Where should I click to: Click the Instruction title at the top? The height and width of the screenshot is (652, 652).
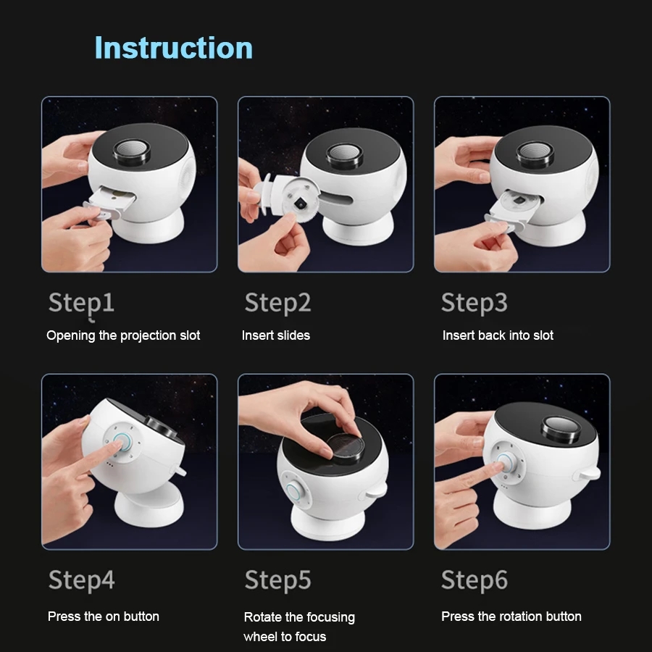coord(174,48)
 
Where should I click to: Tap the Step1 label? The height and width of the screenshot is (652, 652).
coord(81,303)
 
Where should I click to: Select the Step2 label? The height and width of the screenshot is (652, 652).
coord(277,303)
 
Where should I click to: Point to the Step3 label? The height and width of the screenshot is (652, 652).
coord(474,303)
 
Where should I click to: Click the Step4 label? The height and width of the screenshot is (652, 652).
coord(81,580)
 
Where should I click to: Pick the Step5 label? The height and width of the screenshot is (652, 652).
coord(277,580)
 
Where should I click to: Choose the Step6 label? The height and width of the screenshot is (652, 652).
coord(474,580)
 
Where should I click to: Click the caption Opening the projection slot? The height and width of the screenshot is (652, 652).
coord(123,335)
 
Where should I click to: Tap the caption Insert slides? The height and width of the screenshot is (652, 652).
coord(275,335)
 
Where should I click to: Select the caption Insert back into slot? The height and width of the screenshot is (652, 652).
coord(498,335)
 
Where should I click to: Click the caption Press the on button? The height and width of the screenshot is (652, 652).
coord(103,617)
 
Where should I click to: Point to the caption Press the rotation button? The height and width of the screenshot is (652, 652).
coord(511,617)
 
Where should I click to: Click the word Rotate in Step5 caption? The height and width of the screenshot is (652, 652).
coord(263,617)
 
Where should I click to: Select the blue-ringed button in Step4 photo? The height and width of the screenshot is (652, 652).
coord(120,443)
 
